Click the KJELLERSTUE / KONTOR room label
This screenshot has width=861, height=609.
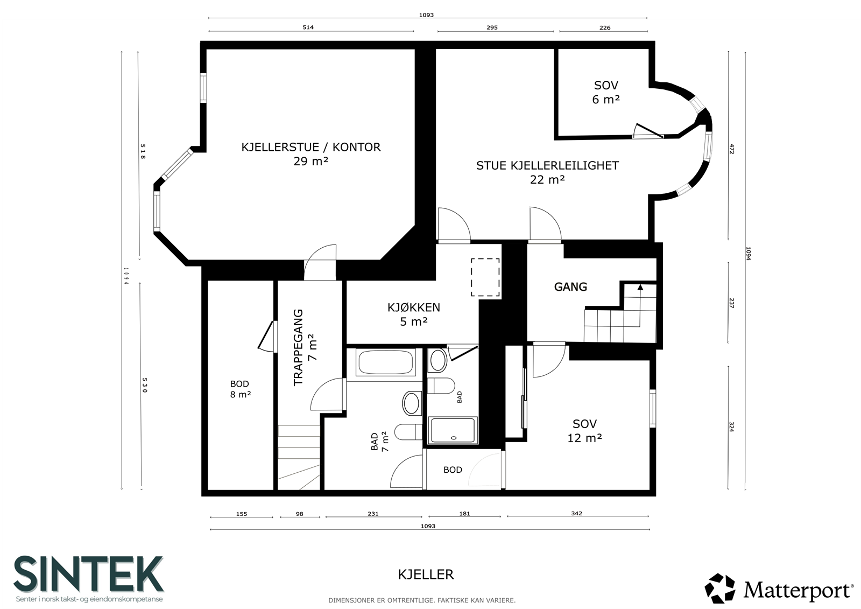point(311,148)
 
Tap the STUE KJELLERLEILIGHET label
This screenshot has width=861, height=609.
point(547,166)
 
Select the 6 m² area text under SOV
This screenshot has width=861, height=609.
point(606,100)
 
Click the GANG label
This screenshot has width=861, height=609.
point(570,286)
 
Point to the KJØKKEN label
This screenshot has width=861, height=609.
point(414,307)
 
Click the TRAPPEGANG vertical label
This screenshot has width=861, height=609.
point(298,347)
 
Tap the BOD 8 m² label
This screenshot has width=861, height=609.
point(240,389)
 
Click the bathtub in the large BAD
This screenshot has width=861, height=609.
point(385,362)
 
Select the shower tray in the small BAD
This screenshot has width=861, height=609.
point(453,430)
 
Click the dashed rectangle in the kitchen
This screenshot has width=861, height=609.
point(485,277)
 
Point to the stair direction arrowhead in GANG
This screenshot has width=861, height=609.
point(640,287)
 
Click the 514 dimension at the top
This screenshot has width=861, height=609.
point(308,27)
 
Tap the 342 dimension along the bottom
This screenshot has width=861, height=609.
point(576,513)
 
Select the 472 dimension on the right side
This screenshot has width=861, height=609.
point(732,149)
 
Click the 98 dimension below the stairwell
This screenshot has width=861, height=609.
point(299,514)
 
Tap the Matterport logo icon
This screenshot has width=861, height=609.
point(719,589)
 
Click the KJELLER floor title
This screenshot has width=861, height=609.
point(426,575)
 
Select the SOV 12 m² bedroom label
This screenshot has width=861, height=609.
point(584,431)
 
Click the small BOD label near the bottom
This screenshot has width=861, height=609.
point(453,470)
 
